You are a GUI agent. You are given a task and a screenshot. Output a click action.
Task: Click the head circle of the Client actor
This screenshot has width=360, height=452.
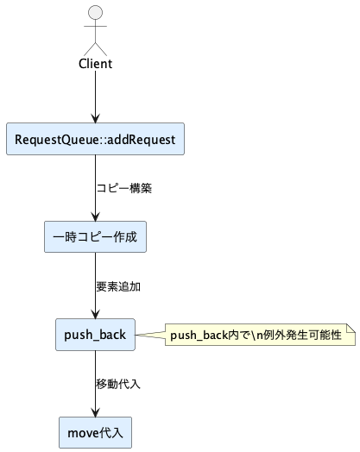(x=95, y=13)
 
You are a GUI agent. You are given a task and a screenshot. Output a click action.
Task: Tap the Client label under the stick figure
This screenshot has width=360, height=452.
(x=95, y=64)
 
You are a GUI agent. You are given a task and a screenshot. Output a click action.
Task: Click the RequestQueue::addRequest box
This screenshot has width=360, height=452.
(x=95, y=139)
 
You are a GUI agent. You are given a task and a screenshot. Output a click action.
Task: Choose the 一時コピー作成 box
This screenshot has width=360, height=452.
(x=95, y=236)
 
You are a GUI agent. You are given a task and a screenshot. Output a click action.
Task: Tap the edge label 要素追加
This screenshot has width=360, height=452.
(x=117, y=286)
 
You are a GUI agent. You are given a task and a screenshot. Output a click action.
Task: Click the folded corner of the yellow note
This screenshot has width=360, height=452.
(x=351, y=325)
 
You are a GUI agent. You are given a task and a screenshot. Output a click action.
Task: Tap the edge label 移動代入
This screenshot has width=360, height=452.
(x=117, y=383)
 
